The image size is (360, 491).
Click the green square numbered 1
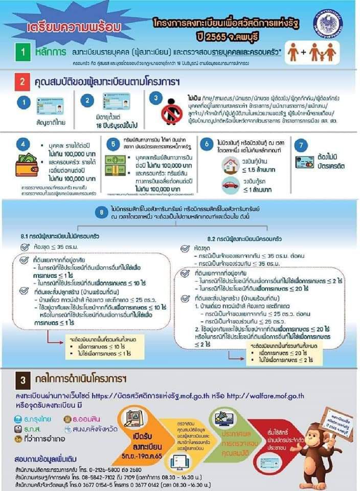pyautogui.click(x=24, y=53)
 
